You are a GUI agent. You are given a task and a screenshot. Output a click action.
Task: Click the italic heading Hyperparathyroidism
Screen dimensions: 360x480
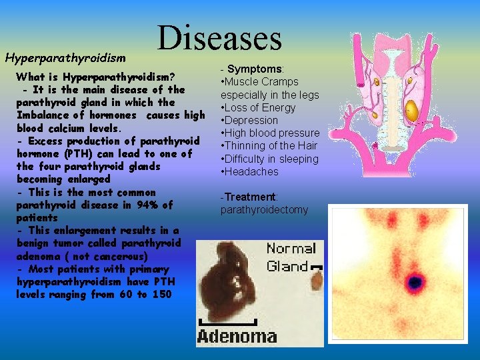(65, 58)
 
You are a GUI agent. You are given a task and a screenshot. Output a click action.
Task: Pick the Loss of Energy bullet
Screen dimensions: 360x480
(257, 107)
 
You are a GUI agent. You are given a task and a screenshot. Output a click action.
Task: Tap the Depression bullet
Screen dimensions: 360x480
(251, 120)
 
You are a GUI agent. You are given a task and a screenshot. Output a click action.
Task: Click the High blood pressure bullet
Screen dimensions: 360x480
(270, 133)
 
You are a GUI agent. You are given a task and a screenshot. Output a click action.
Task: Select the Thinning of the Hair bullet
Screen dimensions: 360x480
(269, 145)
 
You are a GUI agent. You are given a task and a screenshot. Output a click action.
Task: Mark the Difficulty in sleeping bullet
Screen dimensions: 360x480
(269, 159)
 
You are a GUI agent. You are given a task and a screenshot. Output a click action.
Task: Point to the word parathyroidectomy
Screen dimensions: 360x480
(264, 210)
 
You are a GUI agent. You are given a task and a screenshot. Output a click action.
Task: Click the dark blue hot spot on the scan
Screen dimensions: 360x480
(415, 282)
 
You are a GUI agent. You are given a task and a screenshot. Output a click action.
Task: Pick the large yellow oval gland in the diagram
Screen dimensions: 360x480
(413, 111)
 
